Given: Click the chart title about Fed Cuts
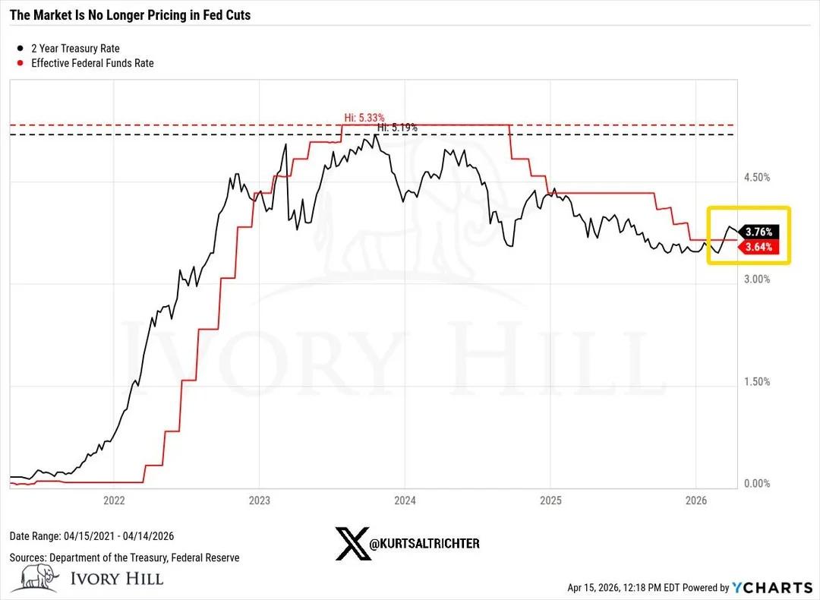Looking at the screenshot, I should point(129,15).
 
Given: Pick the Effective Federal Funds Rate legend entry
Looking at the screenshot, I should point(92,64).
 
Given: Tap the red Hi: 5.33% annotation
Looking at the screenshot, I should point(360,118).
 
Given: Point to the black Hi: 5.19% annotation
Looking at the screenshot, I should point(397,128).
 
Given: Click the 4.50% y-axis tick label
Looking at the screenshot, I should point(756,177).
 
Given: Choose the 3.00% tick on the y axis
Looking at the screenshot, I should point(756,279).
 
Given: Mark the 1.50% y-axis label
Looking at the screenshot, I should point(756,381).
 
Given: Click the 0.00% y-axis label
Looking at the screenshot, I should point(756,483).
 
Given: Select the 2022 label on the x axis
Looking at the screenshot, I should point(113,501).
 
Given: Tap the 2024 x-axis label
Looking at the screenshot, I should point(405,501).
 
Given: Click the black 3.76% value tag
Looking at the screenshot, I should point(758,232).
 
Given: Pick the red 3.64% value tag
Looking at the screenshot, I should point(758,247).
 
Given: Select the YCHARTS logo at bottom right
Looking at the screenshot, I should point(771,587).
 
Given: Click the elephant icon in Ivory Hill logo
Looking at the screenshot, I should point(39,577).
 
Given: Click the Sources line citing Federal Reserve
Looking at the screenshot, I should point(125,557).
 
